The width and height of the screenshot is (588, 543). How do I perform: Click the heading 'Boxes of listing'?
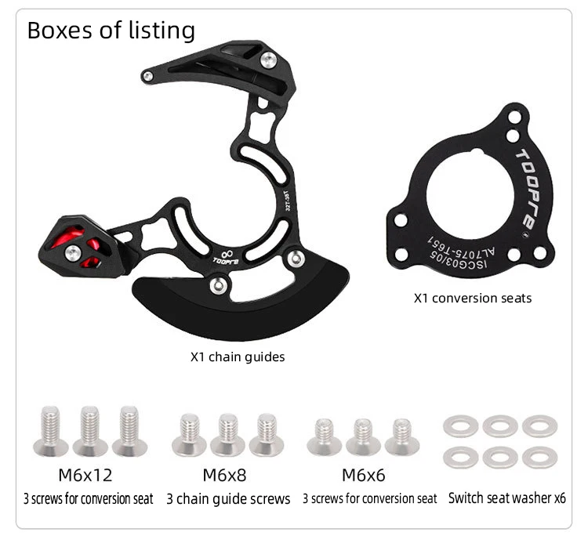coord(111,31)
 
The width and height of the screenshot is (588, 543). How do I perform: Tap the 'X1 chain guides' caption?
coord(238,357)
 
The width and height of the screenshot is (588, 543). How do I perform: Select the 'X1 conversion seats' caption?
coord(472,298)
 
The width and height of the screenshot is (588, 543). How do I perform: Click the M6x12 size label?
coord(85,475)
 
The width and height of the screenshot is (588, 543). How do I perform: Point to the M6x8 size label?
coord(224,475)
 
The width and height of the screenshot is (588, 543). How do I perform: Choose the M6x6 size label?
coord(363,475)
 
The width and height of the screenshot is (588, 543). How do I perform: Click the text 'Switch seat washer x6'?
coord(506,498)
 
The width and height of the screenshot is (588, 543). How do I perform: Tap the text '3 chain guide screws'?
coord(228,498)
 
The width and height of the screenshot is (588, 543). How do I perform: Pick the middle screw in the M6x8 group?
coord(227,434)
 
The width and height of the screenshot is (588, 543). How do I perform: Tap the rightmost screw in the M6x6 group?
coord(401,436)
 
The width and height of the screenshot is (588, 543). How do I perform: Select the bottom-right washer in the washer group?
coord(540,457)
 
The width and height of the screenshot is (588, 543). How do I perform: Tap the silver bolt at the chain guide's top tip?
coord(147,76)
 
